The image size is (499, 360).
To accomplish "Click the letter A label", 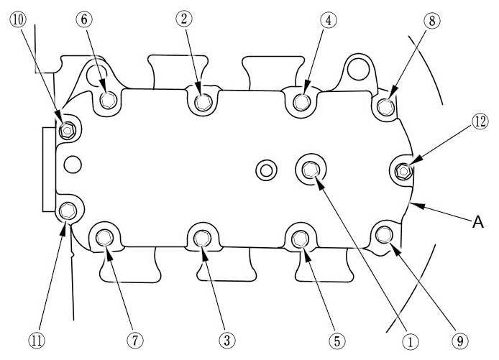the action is click(476, 223).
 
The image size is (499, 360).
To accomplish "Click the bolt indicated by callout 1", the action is click(311, 170).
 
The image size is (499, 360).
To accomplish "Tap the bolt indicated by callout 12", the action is click(403, 171).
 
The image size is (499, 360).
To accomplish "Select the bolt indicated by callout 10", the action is click(68, 131).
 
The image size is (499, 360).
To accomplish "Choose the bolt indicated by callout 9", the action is click(384, 233).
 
